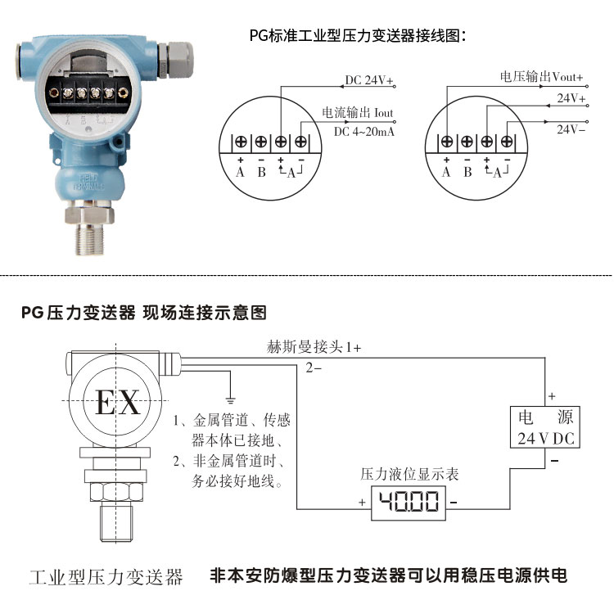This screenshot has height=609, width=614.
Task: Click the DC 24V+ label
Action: tap(369, 81)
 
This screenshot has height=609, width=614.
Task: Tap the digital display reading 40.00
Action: tap(409, 502)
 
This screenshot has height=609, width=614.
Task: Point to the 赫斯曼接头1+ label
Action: tap(314, 347)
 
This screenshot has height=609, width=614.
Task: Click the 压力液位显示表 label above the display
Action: tap(410, 474)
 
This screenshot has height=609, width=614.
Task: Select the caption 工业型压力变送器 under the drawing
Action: tap(106, 576)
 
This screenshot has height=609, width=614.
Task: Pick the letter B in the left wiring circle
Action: tap(261, 172)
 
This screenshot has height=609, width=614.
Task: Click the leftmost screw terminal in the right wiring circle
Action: tap(447, 141)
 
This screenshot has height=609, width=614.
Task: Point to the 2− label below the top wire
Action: tap(313, 368)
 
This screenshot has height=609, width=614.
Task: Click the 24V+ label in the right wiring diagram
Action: tap(571, 98)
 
